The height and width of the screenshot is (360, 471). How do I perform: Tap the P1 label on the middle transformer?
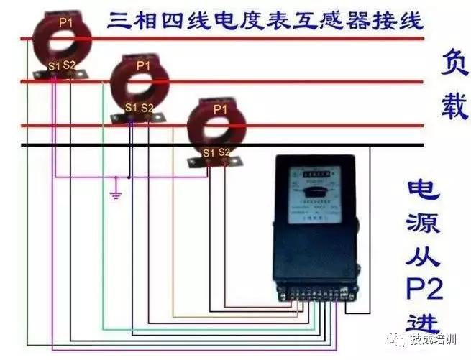(x=143, y=65)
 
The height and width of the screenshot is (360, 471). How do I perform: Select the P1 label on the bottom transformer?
(x=220, y=109)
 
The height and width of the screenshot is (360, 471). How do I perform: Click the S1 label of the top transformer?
(x=54, y=66)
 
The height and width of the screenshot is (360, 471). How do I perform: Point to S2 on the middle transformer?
(x=147, y=108)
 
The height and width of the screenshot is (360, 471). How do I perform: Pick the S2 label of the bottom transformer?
(x=224, y=152)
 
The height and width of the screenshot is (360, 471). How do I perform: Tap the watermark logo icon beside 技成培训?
(x=400, y=338)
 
